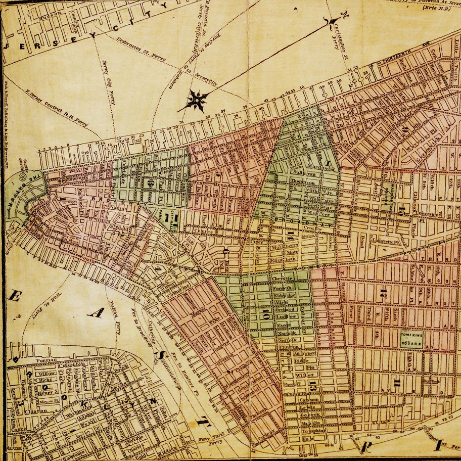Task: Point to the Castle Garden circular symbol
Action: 21,178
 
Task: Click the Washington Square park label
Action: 388,195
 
